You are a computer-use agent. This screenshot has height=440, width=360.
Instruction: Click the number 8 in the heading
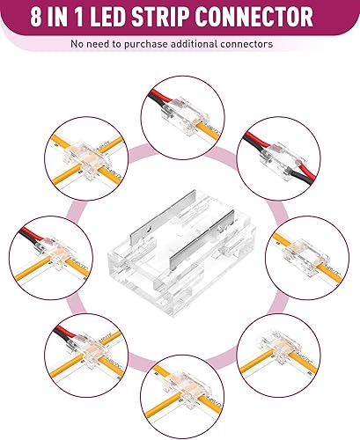pos(54,17)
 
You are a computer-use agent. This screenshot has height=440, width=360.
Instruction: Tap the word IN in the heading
pos(78,17)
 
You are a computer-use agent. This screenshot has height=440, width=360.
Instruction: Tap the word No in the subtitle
pos(77,42)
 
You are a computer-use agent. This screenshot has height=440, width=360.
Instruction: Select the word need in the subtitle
pos(100,42)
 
